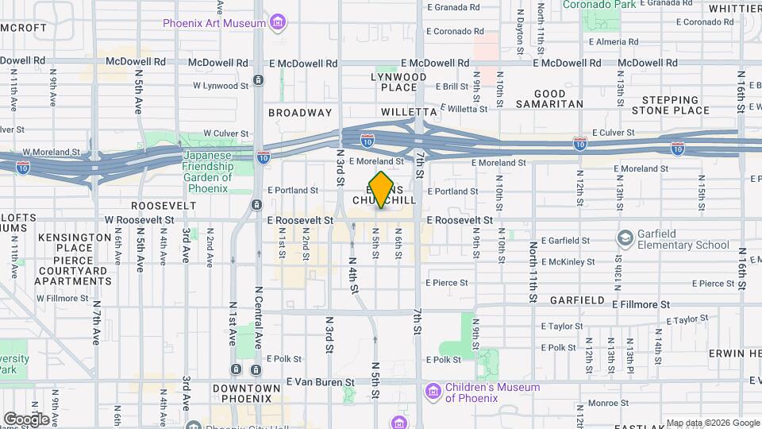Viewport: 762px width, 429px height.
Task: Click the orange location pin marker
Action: click(x=382, y=190)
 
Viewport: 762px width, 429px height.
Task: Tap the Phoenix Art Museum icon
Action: click(x=278, y=22)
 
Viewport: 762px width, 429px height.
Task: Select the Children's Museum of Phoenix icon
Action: click(x=433, y=392)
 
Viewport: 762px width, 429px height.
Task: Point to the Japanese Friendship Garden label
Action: click(x=209, y=167)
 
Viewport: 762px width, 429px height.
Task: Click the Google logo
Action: click(x=26, y=419)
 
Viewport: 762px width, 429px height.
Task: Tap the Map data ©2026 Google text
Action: click(x=712, y=423)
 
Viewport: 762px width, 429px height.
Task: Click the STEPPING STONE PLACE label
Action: click(x=675, y=105)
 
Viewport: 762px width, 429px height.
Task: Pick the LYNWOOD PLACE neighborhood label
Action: click(x=398, y=82)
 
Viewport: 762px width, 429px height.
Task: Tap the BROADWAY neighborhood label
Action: click(x=299, y=113)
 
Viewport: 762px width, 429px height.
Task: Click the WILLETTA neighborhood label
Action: click(x=409, y=113)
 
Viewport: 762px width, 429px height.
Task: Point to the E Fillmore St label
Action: click(x=641, y=303)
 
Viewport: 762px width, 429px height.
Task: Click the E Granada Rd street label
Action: click(x=453, y=7)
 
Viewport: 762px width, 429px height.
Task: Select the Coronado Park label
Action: click(x=601, y=5)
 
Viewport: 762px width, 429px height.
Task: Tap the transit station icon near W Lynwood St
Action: click(x=258, y=79)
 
